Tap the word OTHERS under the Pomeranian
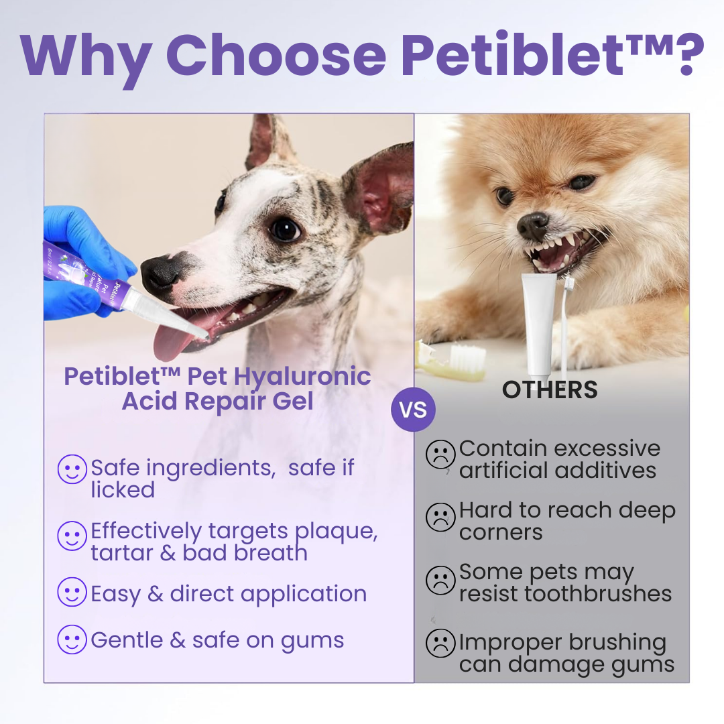tap(550, 389)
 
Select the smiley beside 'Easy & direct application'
tap(72, 593)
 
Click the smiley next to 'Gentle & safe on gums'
tap(72, 639)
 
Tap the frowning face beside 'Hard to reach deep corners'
tap(440, 518)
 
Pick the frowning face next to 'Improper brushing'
tap(440, 644)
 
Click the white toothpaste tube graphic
tap(539, 322)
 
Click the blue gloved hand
tap(80, 261)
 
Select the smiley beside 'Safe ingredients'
tap(72, 469)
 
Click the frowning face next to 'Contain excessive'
tap(440, 455)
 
